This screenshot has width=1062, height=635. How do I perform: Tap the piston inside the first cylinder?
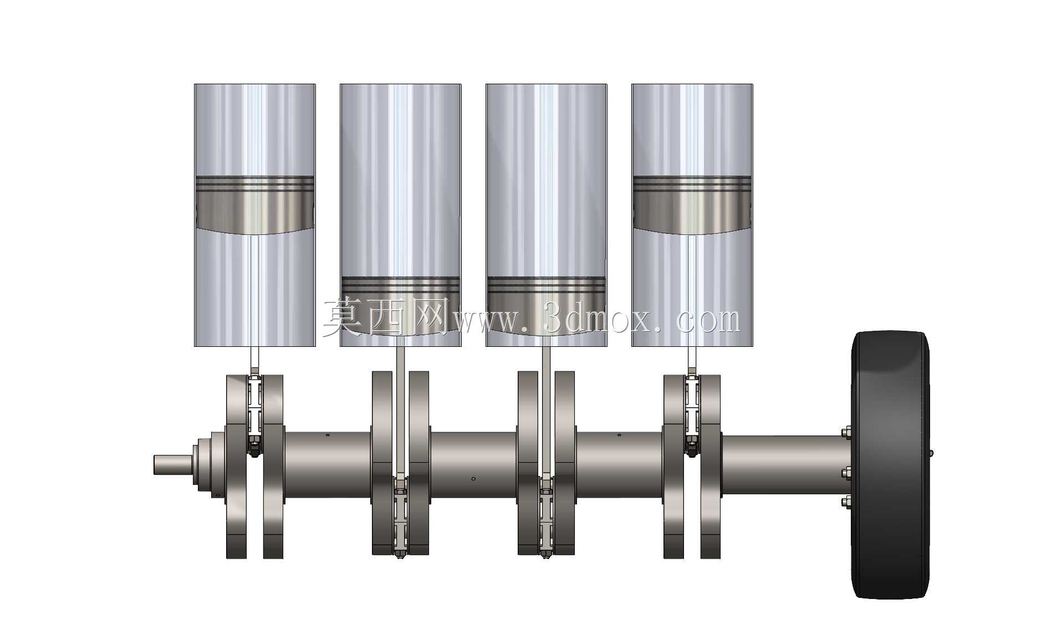pos(255,204)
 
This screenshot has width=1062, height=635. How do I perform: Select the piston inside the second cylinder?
pos(400,306)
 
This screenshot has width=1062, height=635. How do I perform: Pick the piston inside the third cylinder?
pos(546,306)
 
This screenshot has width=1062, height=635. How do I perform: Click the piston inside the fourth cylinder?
pos(692,204)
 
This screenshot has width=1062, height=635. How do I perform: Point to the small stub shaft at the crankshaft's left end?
pos(173,464)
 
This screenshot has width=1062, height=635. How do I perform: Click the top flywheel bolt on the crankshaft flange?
pos(846,432)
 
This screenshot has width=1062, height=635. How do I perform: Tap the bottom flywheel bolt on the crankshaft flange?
pos(846,503)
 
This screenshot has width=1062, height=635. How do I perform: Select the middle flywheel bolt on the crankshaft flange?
pos(846,473)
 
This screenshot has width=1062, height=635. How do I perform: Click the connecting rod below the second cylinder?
pos(400,413)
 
